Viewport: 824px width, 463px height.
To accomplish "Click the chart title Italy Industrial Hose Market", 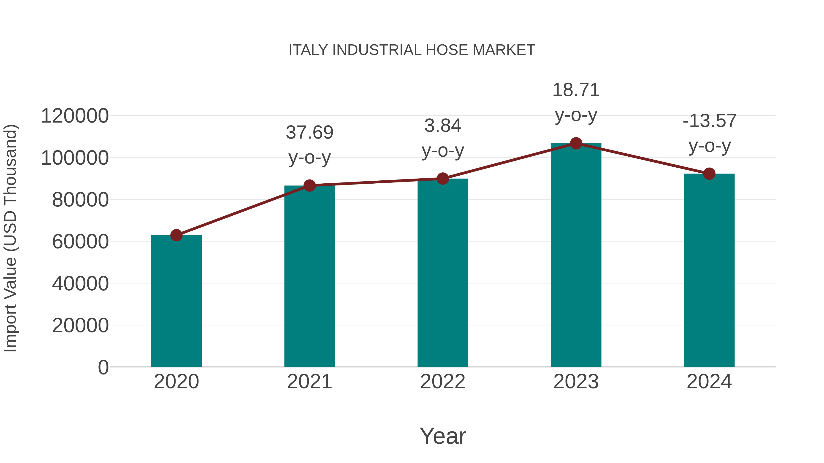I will coord(412,50).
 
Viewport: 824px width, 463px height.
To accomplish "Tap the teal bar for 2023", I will coord(576,256).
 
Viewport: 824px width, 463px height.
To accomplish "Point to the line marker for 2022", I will coord(443,179).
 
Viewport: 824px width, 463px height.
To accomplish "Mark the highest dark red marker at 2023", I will coord(576,143).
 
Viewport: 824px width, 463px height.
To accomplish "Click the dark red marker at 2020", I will coord(176,235).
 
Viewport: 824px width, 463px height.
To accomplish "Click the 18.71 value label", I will coord(576,90).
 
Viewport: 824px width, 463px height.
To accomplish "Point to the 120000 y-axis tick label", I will coord(75,116).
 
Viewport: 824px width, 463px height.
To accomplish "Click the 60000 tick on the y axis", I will coord(80,242).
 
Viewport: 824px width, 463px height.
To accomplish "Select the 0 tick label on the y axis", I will coord(103,367).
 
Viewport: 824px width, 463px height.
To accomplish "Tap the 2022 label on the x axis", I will coord(443,382).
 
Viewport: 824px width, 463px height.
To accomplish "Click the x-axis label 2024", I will coord(709,382).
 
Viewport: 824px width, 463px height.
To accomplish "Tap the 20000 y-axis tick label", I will coord(80,326).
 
